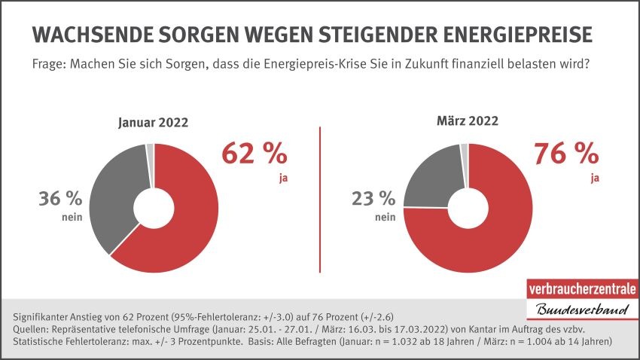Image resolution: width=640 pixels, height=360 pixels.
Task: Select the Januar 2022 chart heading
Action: click(x=153, y=124)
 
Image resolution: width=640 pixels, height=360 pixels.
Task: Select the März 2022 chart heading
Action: click(x=468, y=121)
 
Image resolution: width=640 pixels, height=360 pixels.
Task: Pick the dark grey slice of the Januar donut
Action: click(x=113, y=196)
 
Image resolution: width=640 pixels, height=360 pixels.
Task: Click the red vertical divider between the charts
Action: click(x=322, y=200)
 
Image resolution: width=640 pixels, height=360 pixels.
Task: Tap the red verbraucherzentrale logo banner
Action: click(x=581, y=289)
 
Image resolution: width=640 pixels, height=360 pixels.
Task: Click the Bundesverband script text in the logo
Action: click(x=580, y=311)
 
